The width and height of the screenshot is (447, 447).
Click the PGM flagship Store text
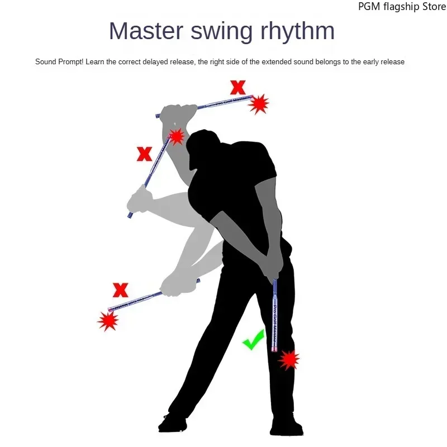[x=402, y=7]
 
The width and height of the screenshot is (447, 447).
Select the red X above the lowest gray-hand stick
[x=121, y=290]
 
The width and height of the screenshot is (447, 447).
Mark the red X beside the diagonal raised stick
[x=145, y=154]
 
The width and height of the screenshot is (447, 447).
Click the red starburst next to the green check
[x=289, y=359]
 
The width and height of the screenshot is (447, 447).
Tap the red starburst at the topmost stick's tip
[x=259, y=104]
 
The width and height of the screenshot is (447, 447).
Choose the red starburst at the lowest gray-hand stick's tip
[x=107, y=320]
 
